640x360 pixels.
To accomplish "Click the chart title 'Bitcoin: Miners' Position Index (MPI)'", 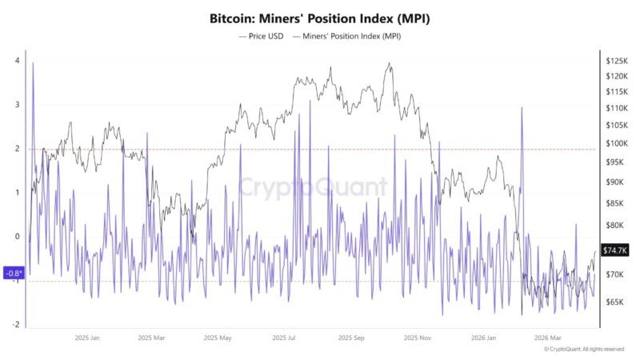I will click(x=320, y=18).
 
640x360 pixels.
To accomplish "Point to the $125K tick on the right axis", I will click(x=616, y=61).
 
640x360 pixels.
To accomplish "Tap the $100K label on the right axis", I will click(x=616, y=143).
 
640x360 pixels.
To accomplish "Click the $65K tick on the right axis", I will click(x=616, y=302).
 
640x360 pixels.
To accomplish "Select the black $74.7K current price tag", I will click(x=615, y=250).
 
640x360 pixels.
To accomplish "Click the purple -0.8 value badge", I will click(x=14, y=273).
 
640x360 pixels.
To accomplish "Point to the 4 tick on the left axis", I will click(x=17, y=61).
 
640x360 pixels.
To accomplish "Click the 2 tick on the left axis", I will click(x=17, y=149).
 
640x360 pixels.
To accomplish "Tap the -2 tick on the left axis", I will click(x=16, y=325).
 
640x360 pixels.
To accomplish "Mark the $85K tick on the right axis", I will click(x=616, y=203).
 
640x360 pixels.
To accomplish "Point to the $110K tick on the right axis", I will click(x=616, y=108).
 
